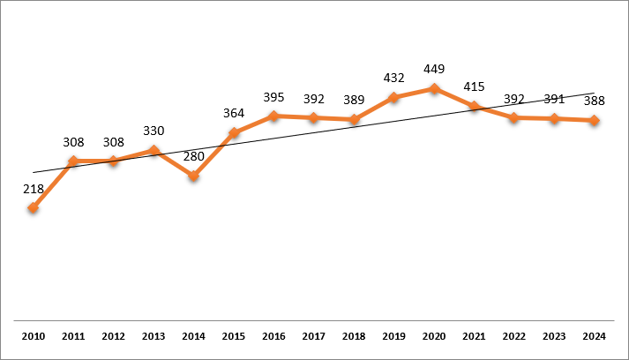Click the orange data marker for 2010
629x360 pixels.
[33, 208]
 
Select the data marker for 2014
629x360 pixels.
[193, 176]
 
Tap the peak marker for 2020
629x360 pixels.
[434, 88]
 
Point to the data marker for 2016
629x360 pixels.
[273, 116]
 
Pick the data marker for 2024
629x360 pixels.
[595, 120]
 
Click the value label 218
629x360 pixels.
[33, 188]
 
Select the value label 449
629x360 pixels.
[434, 69]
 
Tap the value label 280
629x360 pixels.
[193, 156]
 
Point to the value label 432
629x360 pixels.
[393, 78]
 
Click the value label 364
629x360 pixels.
[234, 113]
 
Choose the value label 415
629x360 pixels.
[474, 86]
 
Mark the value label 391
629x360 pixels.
[554, 99]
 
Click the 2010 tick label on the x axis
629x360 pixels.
[33, 336]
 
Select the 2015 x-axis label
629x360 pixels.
[234, 336]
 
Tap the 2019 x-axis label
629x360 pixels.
[393, 336]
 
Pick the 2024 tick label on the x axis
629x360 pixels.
[595, 336]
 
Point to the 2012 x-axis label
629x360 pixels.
[113, 336]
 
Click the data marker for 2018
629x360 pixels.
[354, 119]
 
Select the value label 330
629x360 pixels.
[154, 131]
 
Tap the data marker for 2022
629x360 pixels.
[514, 117]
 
